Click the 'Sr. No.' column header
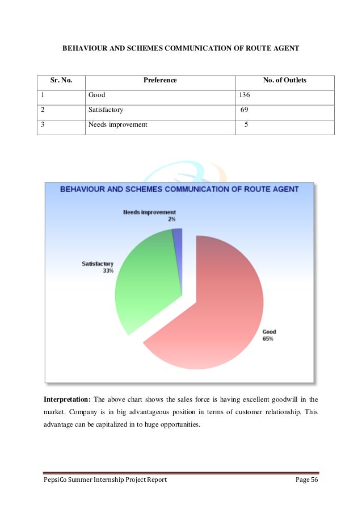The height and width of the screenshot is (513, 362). (61, 81)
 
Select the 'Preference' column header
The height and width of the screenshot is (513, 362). (160, 81)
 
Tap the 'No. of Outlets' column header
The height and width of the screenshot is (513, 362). (285, 81)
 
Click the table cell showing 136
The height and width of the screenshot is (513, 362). (245, 95)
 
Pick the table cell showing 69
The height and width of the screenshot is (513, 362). (245, 110)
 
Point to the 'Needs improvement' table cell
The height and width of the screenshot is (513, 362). (117, 124)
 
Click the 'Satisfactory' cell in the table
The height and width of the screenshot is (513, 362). (106, 110)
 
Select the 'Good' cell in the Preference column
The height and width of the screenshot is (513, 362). (97, 95)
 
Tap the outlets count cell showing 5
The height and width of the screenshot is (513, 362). (246, 124)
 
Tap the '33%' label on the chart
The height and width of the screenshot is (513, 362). (108, 271)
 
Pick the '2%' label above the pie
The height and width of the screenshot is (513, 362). (171, 219)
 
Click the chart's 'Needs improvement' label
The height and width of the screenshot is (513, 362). (149, 212)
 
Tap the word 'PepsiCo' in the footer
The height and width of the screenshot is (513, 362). (56, 480)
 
